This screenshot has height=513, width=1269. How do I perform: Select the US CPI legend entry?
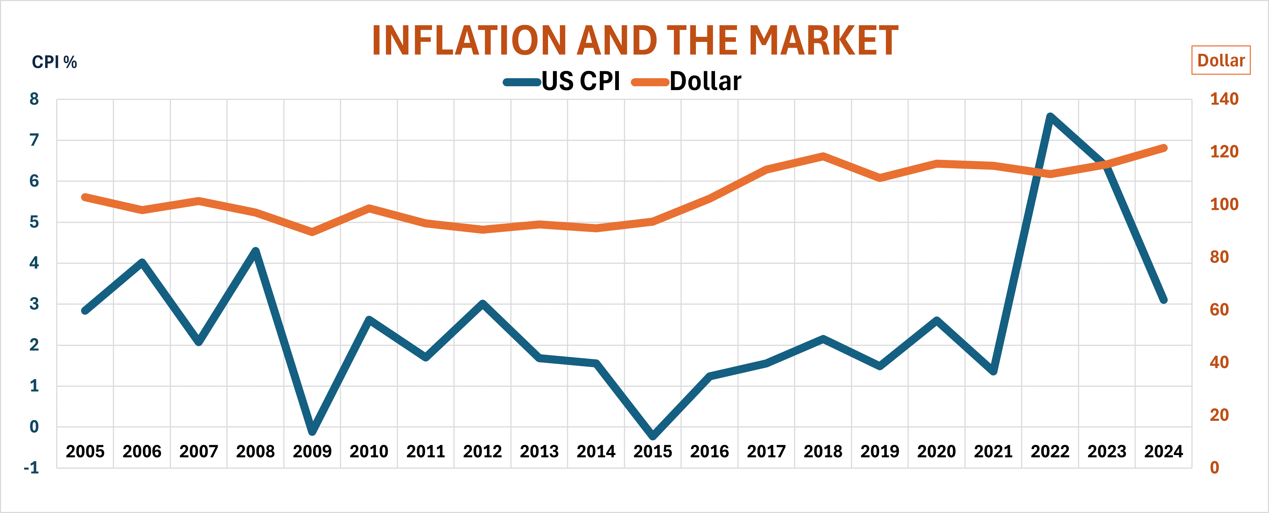point(562,82)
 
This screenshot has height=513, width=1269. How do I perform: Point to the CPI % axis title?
point(54,63)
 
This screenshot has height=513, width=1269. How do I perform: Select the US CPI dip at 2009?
point(312,432)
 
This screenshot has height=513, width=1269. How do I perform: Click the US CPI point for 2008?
point(256,251)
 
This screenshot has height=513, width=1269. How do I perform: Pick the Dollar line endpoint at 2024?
point(1164,148)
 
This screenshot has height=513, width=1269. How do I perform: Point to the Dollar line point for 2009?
point(312,232)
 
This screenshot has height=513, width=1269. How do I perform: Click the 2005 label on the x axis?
point(85,452)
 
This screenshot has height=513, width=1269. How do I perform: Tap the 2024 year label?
point(1163,452)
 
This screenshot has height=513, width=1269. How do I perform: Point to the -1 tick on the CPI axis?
point(31,468)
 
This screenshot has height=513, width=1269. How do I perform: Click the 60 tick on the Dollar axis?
point(1219,310)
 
